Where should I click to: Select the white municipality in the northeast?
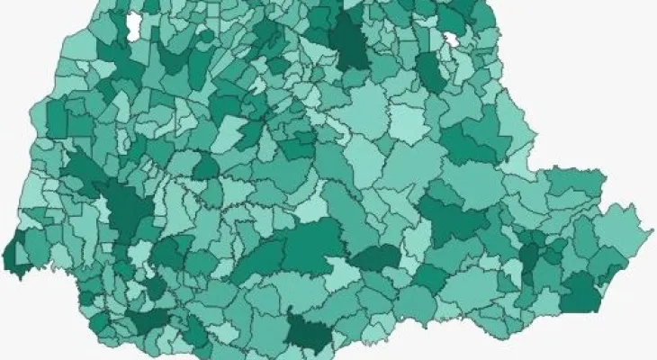[x=452, y=40]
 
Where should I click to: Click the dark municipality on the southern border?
[x=308, y=332]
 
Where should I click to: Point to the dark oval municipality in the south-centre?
[x=375, y=258]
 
